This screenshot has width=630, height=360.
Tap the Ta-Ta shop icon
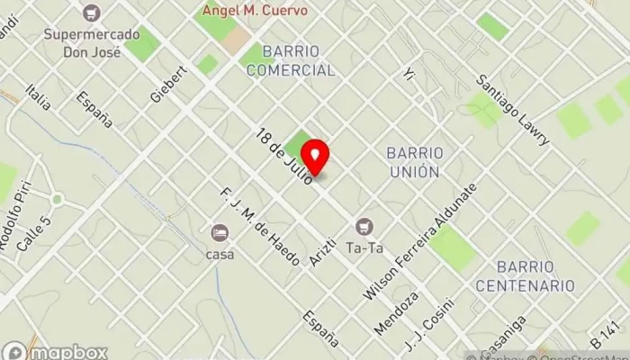(x=364, y=225)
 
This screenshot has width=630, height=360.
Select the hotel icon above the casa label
(x=220, y=233)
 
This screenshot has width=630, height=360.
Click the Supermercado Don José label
(x=93, y=40)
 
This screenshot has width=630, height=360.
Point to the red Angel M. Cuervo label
(x=255, y=11)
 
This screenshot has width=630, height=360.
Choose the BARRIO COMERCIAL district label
(x=291, y=60)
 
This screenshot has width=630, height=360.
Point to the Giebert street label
(x=168, y=83)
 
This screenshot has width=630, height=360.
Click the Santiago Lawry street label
(x=512, y=110)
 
